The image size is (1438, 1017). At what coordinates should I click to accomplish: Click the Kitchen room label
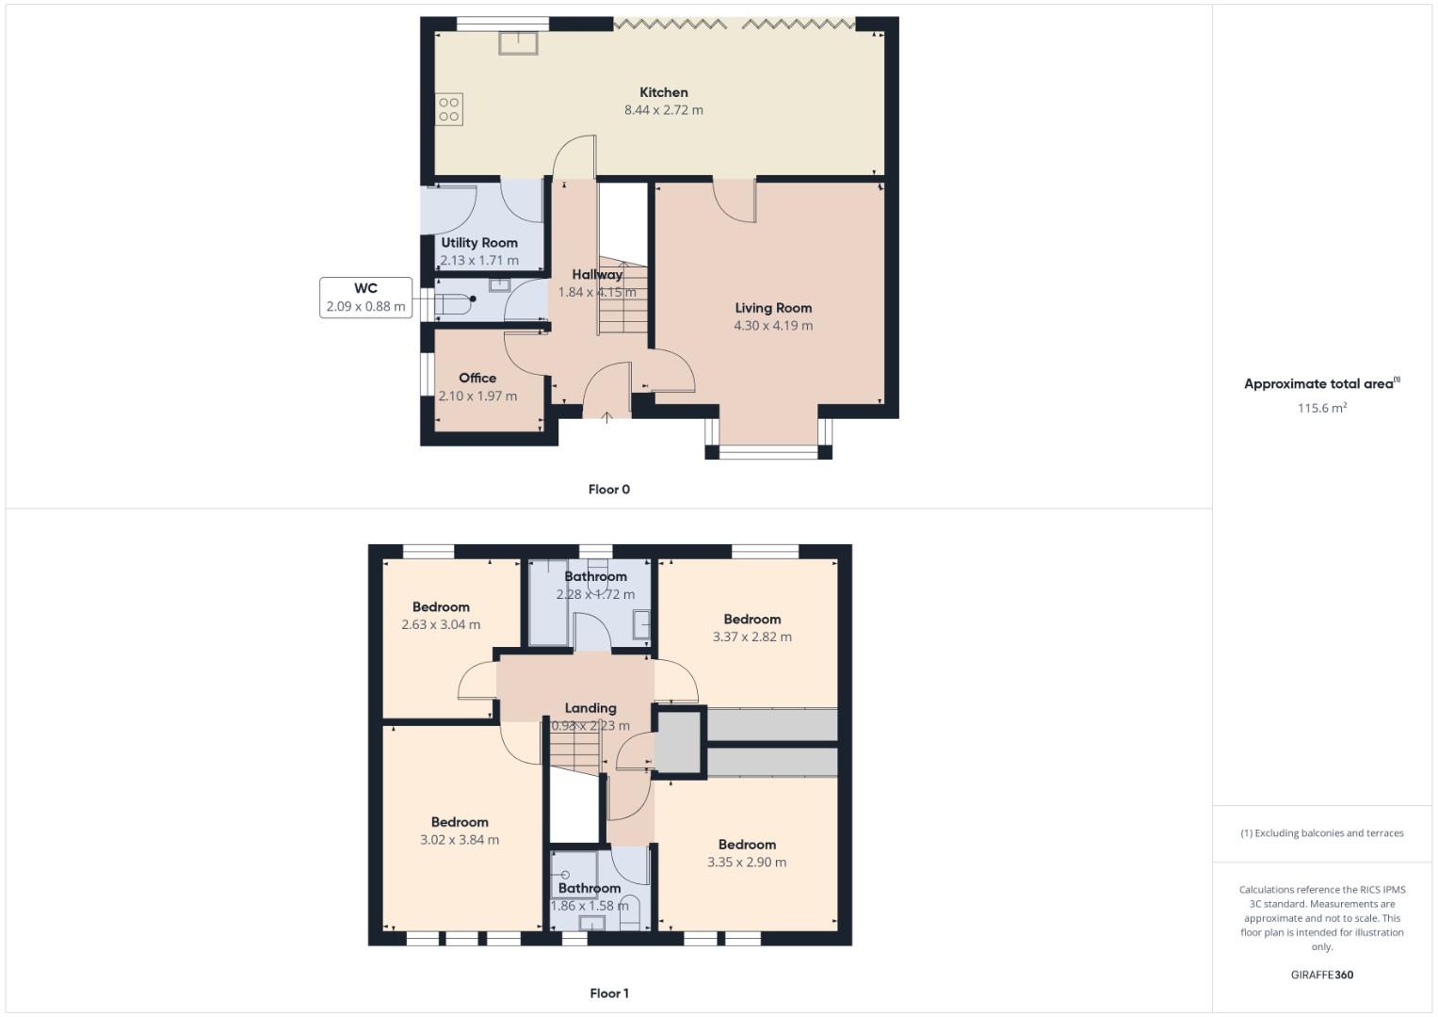(663, 92)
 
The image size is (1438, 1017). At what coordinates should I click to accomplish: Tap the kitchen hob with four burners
(448, 109)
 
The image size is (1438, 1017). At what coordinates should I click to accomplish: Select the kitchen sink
(519, 42)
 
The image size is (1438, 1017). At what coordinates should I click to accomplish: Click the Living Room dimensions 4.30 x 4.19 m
(773, 326)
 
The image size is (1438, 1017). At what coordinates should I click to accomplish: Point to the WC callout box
(365, 298)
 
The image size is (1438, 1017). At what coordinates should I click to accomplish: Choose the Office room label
(477, 378)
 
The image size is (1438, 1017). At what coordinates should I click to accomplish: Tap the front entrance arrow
(606, 416)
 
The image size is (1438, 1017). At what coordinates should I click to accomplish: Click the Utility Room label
(479, 242)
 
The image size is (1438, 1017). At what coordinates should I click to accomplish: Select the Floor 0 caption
(608, 490)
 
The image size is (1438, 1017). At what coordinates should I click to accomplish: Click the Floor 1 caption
(608, 993)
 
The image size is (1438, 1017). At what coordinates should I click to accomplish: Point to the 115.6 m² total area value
(1321, 408)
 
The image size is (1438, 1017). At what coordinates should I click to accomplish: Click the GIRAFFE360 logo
(1321, 975)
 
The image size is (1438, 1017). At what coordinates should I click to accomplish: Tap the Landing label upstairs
(590, 708)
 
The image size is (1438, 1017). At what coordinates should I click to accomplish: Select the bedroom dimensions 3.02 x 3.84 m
(460, 840)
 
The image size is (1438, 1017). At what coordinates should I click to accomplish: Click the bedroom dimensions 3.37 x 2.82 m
(751, 637)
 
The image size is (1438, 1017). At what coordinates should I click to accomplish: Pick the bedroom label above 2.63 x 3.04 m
(441, 607)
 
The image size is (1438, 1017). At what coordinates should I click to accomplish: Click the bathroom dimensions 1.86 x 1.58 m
(590, 906)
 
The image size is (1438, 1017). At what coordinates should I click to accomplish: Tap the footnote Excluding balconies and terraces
(1321, 833)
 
